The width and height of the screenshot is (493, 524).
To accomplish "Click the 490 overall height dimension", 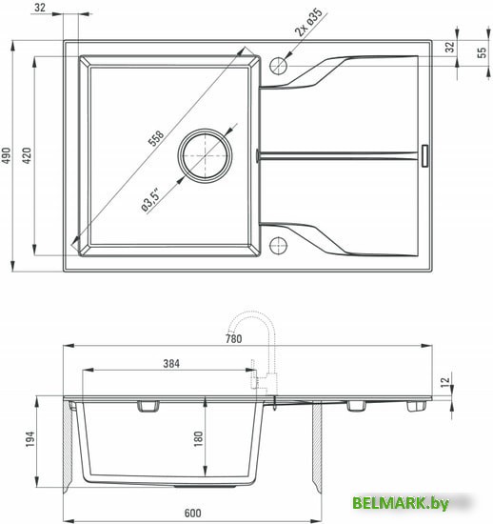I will pyautogui.click(x=8, y=155).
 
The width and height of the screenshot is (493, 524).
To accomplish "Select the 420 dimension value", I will pyautogui.click(x=30, y=155).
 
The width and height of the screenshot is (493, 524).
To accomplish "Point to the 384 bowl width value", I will pyautogui.click(x=171, y=364).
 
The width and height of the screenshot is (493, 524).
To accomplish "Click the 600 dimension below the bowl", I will pyautogui.click(x=193, y=514).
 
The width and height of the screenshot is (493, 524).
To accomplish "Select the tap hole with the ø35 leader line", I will pyautogui.click(x=278, y=66).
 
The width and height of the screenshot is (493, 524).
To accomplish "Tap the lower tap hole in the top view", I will pyautogui.click(x=278, y=244).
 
